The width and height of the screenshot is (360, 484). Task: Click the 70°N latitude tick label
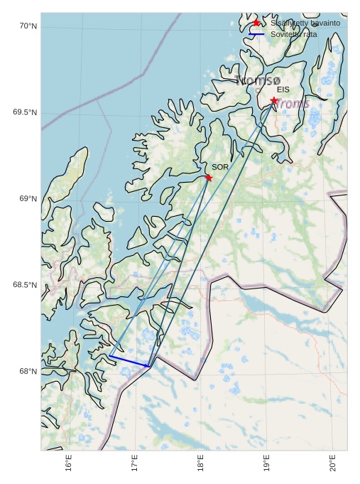coord(27,26)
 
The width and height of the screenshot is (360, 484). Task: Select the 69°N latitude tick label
coord(27,199)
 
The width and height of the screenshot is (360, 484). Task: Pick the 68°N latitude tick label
coord(27,372)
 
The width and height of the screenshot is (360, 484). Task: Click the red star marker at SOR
coord(208,178)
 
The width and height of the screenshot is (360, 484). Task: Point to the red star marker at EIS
coord(274,100)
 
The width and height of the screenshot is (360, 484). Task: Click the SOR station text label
coord(220,167)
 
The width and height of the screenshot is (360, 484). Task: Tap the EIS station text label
coord(283,90)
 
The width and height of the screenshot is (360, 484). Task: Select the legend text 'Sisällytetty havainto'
coord(305,23)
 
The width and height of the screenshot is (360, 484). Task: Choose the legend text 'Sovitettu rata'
coord(294,34)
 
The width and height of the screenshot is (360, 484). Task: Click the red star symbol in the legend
coord(256,23)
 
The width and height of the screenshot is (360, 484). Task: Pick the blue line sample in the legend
coord(256,34)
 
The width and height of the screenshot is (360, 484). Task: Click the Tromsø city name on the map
coord(258,80)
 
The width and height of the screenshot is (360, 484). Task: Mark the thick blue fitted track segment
coord(129,361)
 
